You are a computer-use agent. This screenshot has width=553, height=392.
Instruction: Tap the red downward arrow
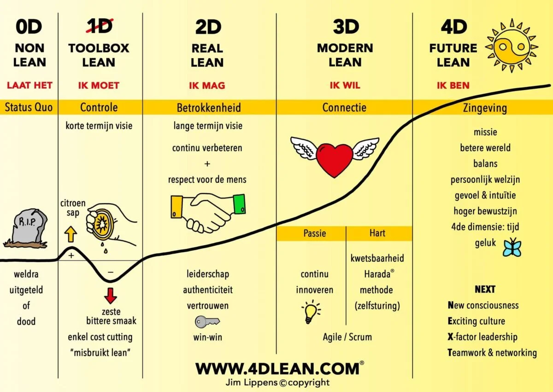(111, 295)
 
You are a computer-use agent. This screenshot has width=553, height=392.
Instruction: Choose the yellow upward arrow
(71, 234)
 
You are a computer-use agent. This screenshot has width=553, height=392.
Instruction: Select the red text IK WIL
(345, 85)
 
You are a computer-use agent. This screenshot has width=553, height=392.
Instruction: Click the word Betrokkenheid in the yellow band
(209, 108)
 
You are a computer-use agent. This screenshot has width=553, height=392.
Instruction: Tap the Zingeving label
(484, 108)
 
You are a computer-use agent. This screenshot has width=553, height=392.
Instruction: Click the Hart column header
(377, 233)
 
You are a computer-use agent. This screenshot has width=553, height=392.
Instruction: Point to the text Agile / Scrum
(347, 337)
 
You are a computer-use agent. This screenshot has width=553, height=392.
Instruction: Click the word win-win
(207, 337)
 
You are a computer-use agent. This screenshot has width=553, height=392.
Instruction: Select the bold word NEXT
(485, 289)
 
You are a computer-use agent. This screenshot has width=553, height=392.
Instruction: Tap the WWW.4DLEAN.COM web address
(277, 368)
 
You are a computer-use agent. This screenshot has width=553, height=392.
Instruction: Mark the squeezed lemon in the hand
(102, 224)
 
